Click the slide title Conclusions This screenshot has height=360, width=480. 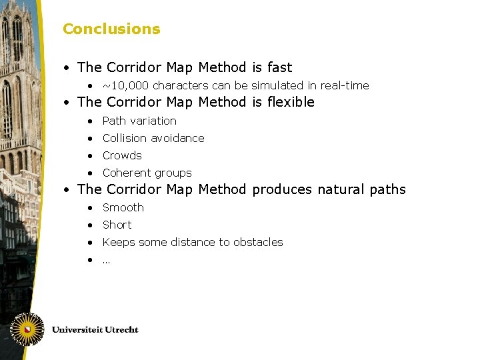point(111,29)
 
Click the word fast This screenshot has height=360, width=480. point(279,67)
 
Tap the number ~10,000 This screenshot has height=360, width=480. point(123,85)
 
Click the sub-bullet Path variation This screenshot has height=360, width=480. point(139,121)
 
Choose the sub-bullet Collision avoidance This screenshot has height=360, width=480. point(153,138)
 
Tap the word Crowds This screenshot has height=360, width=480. point(122,155)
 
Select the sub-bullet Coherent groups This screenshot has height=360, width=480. point(147,173)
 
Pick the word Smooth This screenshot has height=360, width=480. point(123,207)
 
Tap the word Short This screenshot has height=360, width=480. point(117,225)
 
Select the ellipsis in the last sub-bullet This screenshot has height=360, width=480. point(106,260)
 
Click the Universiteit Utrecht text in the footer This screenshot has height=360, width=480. point(95,329)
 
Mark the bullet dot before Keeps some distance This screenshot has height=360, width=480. point(89,242)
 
